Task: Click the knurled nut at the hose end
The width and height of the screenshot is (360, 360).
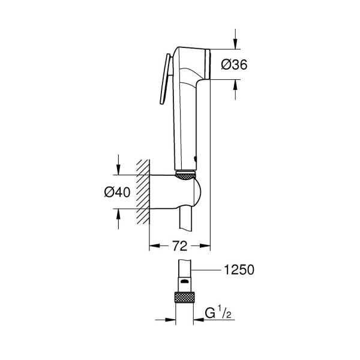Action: point(185,298)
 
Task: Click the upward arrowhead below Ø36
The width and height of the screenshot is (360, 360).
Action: point(236,85)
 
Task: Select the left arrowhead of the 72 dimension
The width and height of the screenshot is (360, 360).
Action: point(152,246)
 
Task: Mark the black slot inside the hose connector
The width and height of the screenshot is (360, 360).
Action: point(185,280)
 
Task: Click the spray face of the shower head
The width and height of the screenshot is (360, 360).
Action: point(208,62)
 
